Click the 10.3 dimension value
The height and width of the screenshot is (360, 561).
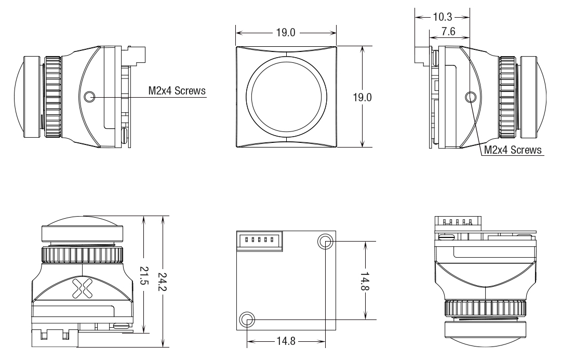click(443, 17)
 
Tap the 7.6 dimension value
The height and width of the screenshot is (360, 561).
click(448, 32)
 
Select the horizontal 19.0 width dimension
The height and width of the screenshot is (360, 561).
click(286, 33)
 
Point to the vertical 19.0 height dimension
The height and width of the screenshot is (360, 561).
click(363, 97)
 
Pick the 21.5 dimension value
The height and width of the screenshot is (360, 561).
click(143, 275)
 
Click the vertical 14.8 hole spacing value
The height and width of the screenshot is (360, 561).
click(365, 281)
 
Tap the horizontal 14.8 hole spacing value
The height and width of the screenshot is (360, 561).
click(286, 341)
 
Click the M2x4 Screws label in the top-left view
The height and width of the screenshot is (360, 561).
click(177, 90)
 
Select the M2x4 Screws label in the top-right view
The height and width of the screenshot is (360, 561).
click(513, 150)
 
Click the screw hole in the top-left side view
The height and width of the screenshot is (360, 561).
click(89, 96)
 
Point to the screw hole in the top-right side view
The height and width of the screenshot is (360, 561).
click(470, 96)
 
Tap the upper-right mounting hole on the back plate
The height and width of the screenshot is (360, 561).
click(325, 242)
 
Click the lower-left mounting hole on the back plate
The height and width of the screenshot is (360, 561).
click(247, 319)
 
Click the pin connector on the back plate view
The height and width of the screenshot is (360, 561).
click(260, 241)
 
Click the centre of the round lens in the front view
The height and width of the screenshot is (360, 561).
click(286, 96)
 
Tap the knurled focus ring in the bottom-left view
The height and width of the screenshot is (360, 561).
click(83, 255)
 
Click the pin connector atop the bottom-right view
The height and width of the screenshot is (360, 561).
click(458, 222)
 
